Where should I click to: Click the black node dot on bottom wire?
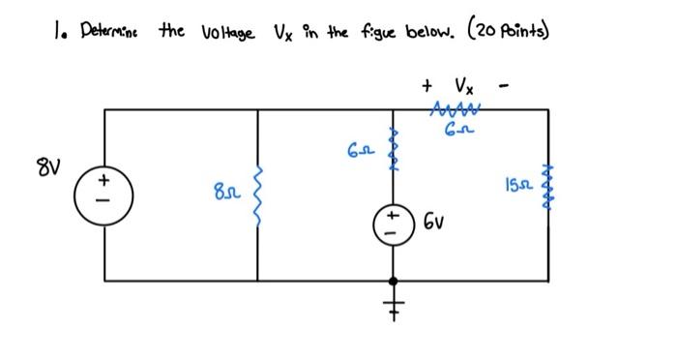pos(393,281)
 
